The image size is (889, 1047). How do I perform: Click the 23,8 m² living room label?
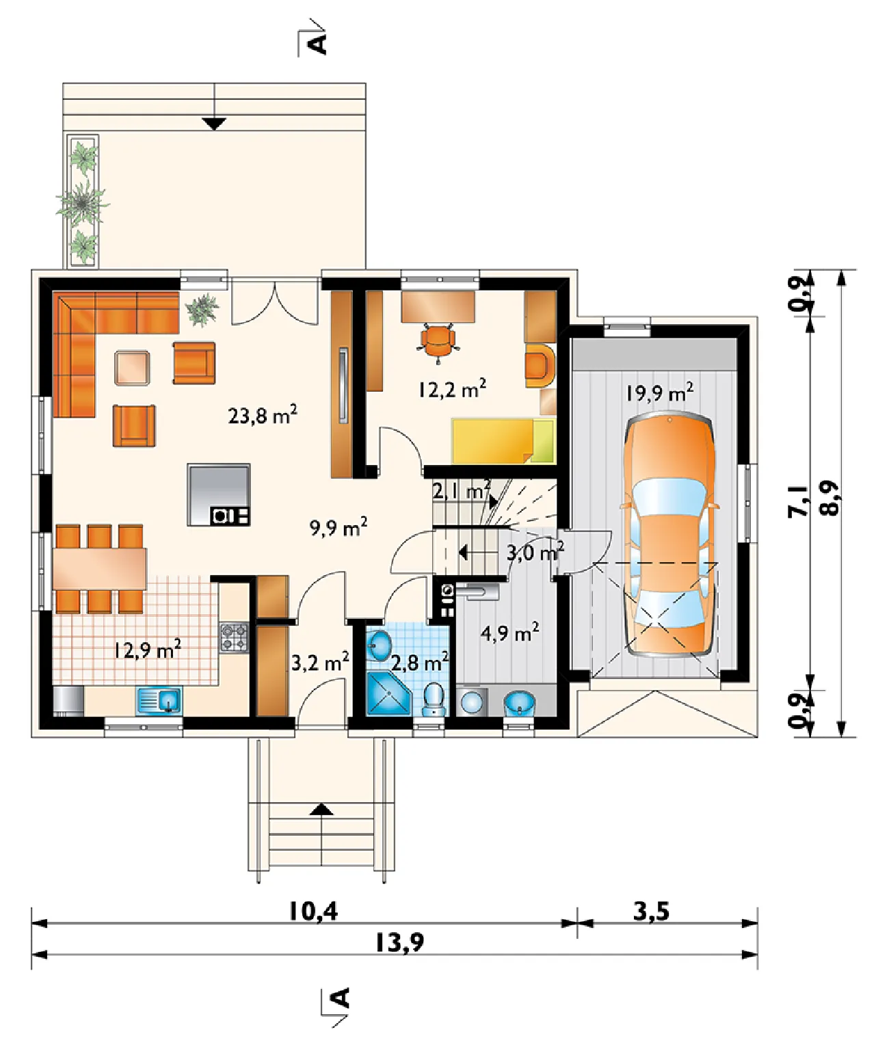pyautogui.click(x=263, y=415)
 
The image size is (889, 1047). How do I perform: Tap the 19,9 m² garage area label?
pyautogui.click(x=659, y=393)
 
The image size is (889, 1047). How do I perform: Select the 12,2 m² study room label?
pyautogui.click(x=452, y=388)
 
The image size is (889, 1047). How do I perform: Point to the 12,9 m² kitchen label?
pyautogui.click(x=148, y=650)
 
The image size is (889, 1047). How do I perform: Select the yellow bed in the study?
pyautogui.click(x=503, y=440)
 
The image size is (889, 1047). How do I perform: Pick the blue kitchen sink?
pyautogui.click(x=159, y=701)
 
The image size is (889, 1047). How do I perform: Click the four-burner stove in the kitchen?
pyautogui.click(x=234, y=637)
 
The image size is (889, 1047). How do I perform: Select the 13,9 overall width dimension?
pyautogui.click(x=400, y=943)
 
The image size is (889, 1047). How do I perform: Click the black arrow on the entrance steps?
pyautogui.click(x=321, y=810)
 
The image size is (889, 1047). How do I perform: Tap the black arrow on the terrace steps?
pyautogui.click(x=214, y=124)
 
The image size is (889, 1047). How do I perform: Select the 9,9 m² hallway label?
pyautogui.click(x=339, y=528)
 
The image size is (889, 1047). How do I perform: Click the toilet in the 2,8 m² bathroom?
pyautogui.click(x=434, y=699)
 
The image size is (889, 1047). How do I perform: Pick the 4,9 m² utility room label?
pyautogui.click(x=510, y=633)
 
